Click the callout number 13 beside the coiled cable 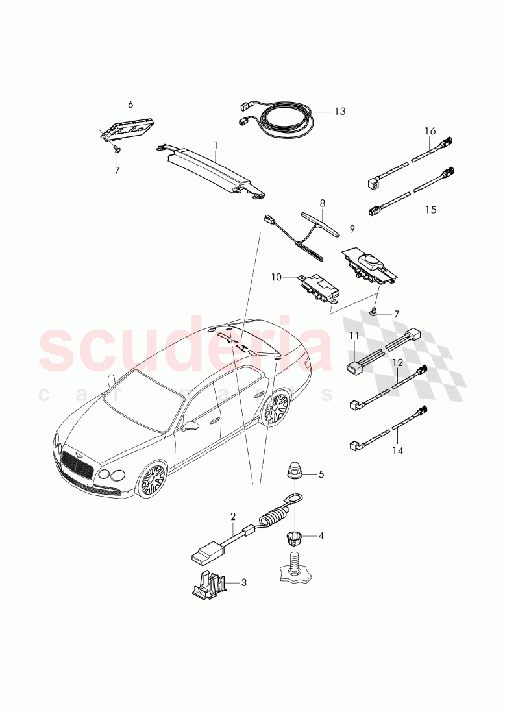click(339, 111)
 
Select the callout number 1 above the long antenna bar click(216, 144)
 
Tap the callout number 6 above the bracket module click(130, 104)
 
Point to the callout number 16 click(430, 131)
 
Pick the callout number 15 click(431, 210)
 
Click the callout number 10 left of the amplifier click(276, 277)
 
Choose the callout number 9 click(352, 228)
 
